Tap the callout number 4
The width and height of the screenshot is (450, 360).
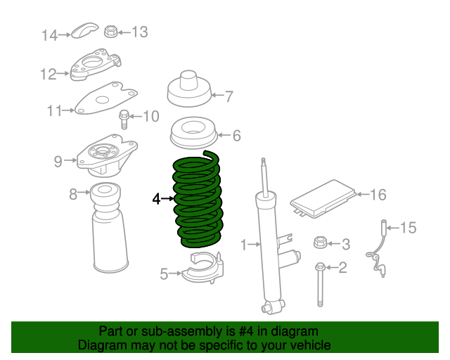pyautogui.click(x=157, y=199)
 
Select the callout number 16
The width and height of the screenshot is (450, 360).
pyautogui.click(x=378, y=194)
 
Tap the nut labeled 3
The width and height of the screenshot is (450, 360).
pyautogui.click(x=319, y=243)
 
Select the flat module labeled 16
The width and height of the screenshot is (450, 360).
pyautogui.click(x=322, y=198)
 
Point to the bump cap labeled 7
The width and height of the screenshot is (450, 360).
pyautogui.click(x=189, y=89)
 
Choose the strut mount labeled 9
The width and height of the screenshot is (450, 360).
pyautogui.click(x=103, y=159)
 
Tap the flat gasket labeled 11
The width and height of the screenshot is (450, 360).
pyautogui.click(x=105, y=98)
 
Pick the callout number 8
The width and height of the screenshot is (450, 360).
pyautogui.click(x=73, y=193)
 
